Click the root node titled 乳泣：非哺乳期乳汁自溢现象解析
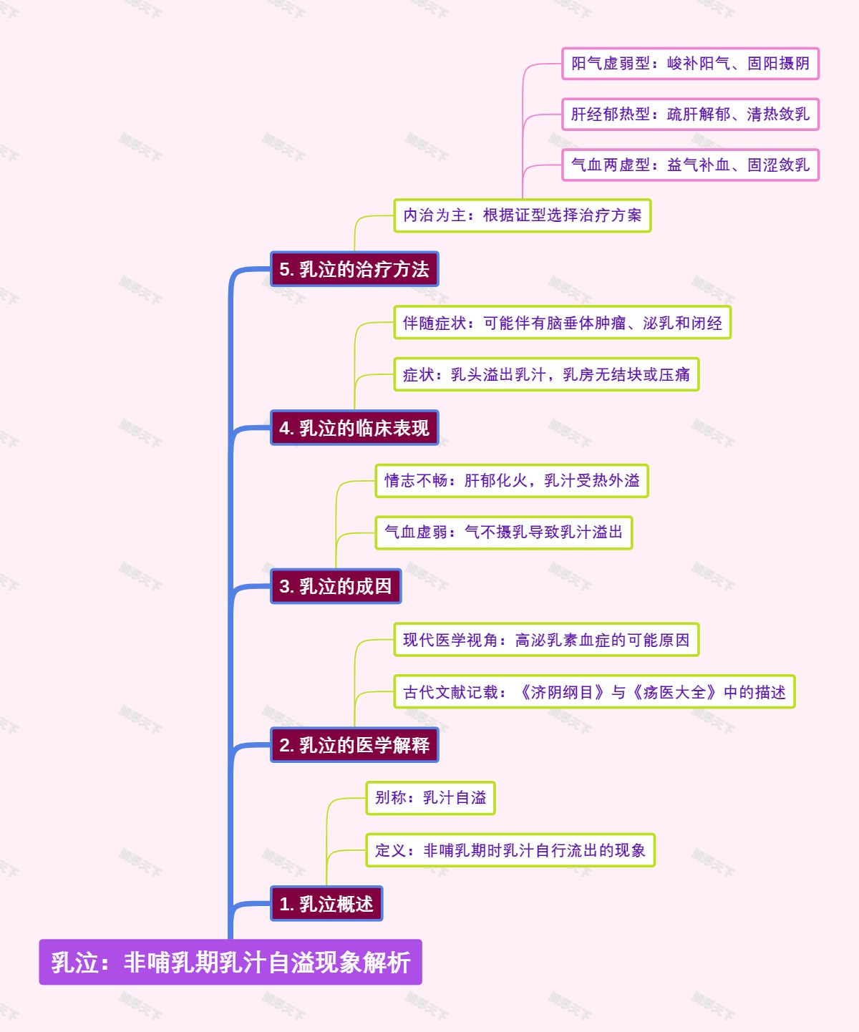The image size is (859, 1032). pyautogui.click(x=230, y=962)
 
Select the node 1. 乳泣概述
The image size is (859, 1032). pyautogui.click(x=326, y=904)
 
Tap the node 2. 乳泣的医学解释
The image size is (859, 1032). pyautogui.click(x=354, y=745)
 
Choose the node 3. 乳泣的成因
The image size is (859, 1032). pyautogui.click(x=336, y=586)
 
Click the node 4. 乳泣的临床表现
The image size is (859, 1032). pyautogui.click(x=354, y=428)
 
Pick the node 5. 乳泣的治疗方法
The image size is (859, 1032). pyautogui.click(x=354, y=269)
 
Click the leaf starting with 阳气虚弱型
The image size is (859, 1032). pyautogui.click(x=690, y=64)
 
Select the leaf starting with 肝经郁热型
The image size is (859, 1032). pyautogui.click(x=690, y=115)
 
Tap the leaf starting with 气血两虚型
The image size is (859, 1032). pyautogui.click(x=690, y=165)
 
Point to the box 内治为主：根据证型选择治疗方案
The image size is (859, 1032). pyautogui.click(x=523, y=215)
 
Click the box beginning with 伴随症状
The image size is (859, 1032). pyautogui.click(x=562, y=323)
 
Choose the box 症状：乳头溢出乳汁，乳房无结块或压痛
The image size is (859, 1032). pyautogui.click(x=546, y=374)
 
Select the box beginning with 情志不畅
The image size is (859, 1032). pyautogui.click(x=512, y=480)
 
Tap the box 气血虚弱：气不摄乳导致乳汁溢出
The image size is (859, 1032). pyautogui.click(x=504, y=532)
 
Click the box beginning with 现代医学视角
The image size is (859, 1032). pyautogui.click(x=546, y=640)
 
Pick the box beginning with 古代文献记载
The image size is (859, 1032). pyautogui.click(x=594, y=692)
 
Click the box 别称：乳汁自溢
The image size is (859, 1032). pyautogui.click(x=430, y=798)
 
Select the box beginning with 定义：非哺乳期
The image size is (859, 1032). pyautogui.click(x=510, y=850)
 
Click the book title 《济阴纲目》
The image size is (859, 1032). pyautogui.click(x=562, y=692)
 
